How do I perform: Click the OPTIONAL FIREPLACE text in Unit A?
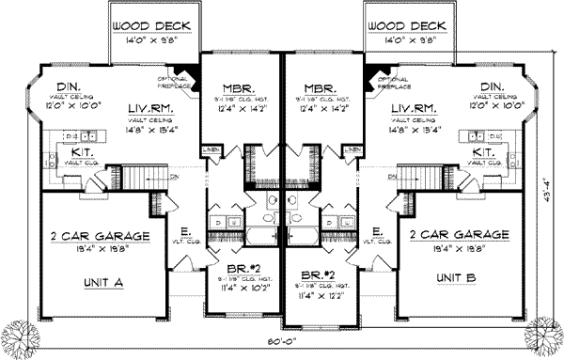click(x=180, y=83)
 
